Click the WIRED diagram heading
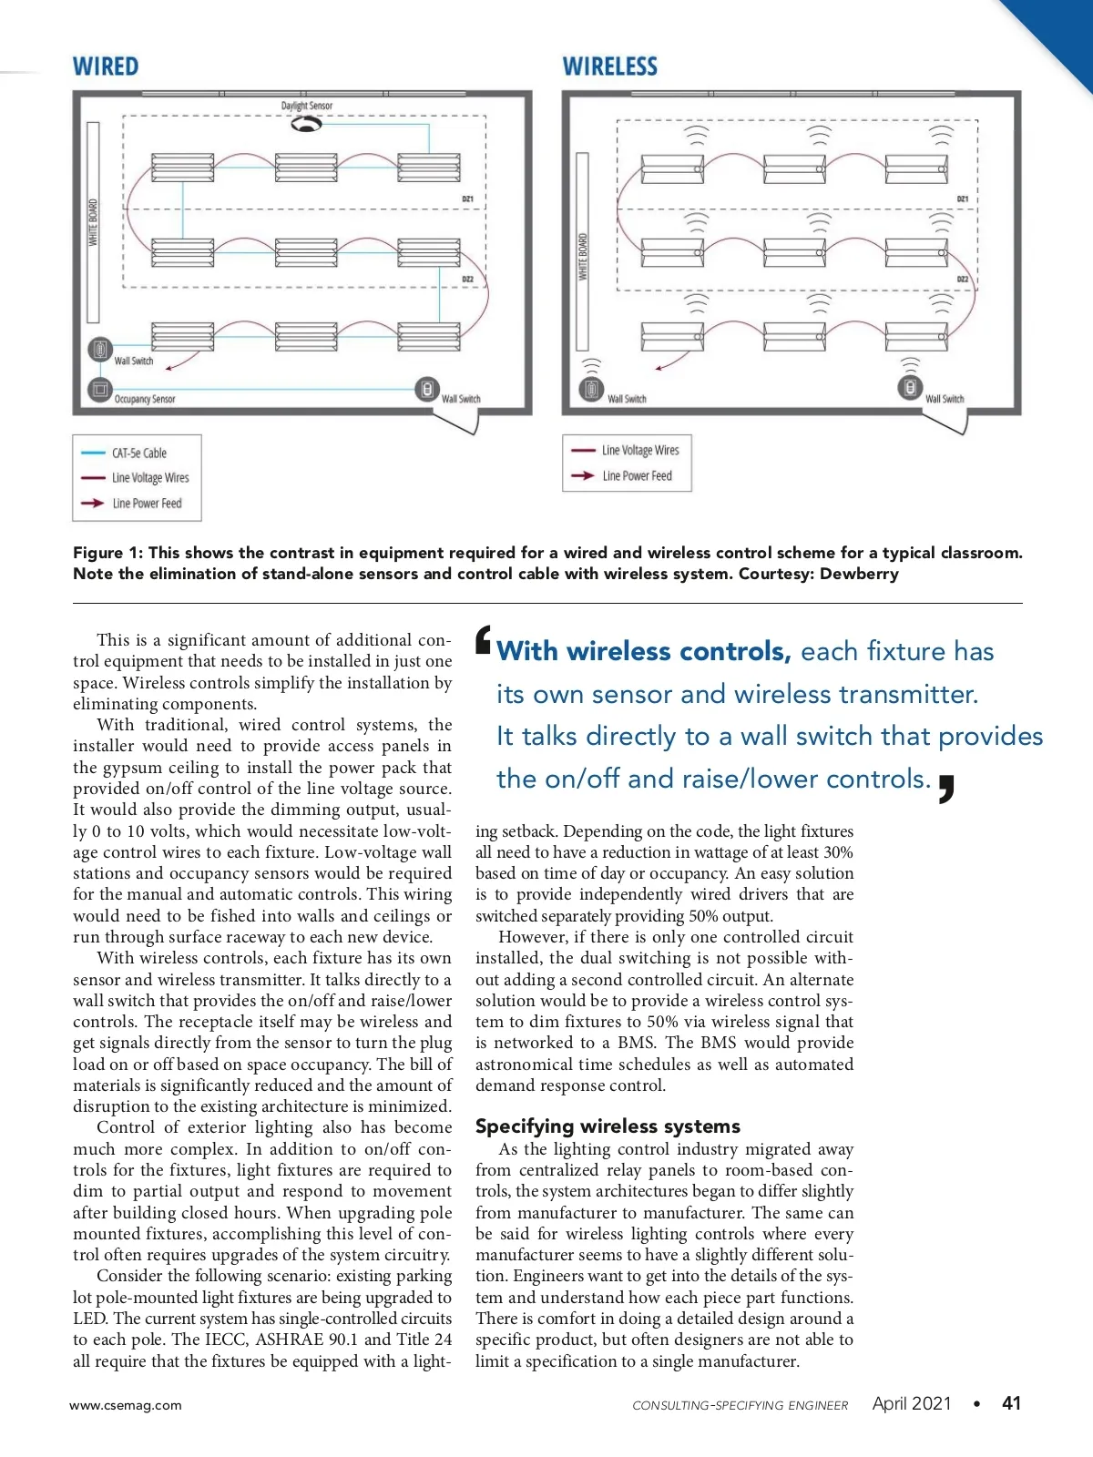pyautogui.click(x=106, y=66)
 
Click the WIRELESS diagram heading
pyautogui.click(x=609, y=66)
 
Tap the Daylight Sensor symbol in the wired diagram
pyautogui.click(x=306, y=124)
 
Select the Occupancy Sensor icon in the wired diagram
pyautogui.click(x=99, y=390)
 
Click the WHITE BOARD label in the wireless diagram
pyautogui.click(x=583, y=257)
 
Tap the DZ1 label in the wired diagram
pyautogui.click(x=467, y=199)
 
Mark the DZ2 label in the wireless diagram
pyautogui.click(x=962, y=279)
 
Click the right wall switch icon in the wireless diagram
pyautogui.click(x=910, y=387)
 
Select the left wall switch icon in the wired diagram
pyautogui.click(x=99, y=349)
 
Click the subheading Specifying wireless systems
pyautogui.click(x=608, y=1126)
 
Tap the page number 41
pyautogui.click(x=1011, y=1403)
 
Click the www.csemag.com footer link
pyautogui.click(x=126, y=1405)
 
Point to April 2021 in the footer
pyautogui.click(x=911, y=1403)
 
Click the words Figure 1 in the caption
pyautogui.click(x=107, y=553)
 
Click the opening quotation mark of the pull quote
pyautogui.click(x=484, y=639)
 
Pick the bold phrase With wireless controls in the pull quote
pyautogui.click(x=643, y=651)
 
